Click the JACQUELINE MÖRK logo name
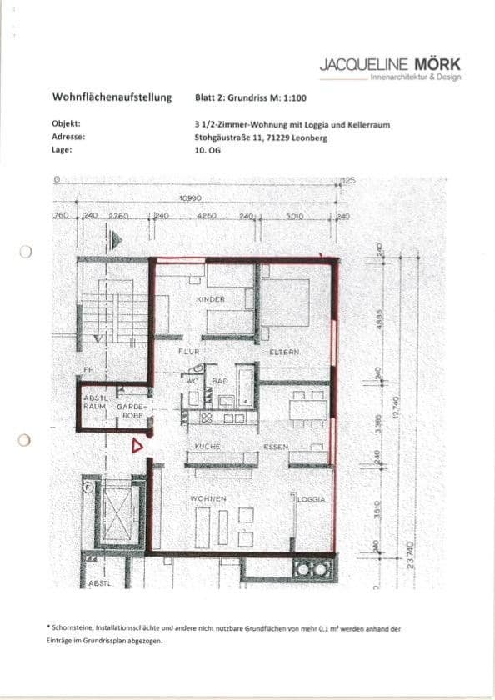(x=389, y=64)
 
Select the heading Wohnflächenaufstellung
(x=112, y=97)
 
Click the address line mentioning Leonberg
(x=260, y=137)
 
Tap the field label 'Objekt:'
(x=66, y=123)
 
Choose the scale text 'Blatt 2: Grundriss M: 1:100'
(x=251, y=97)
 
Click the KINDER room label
(x=211, y=298)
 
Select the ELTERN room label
(x=284, y=352)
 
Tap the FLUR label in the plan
(x=188, y=352)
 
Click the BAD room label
(x=220, y=380)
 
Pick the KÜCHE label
(x=207, y=447)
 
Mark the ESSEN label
(x=275, y=447)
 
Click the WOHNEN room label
(x=208, y=498)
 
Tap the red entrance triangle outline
(x=137, y=446)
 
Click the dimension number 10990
(x=192, y=198)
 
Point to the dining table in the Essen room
(x=307, y=408)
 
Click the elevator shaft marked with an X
(x=115, y=512)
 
